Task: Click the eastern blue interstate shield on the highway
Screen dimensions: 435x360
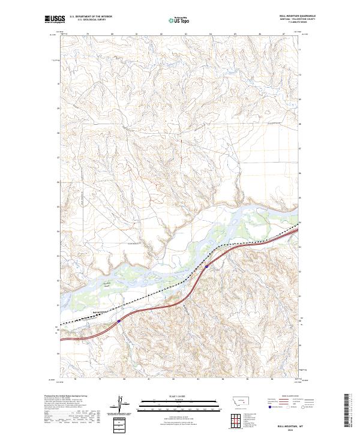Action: click(x=206, y=266)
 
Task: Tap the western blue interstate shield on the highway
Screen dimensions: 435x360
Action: click(x=119, y=321)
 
